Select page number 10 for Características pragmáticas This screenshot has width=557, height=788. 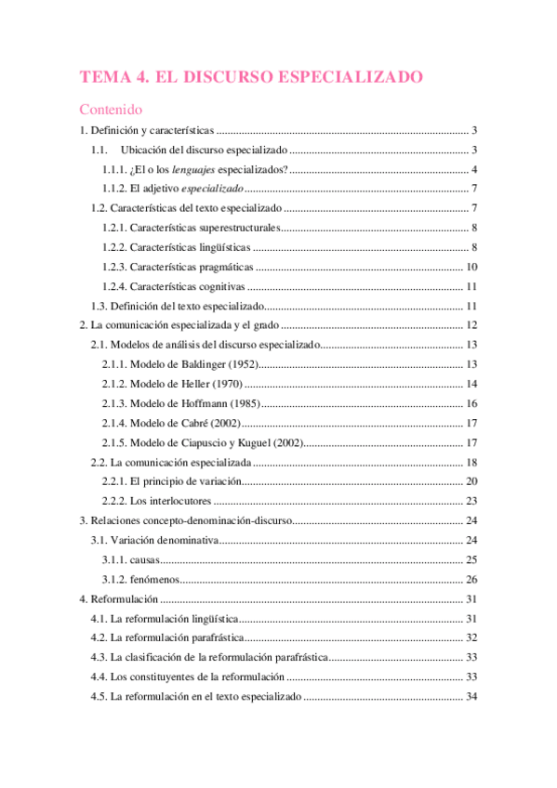point(472,267)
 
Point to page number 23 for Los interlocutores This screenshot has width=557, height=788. point(472,501)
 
